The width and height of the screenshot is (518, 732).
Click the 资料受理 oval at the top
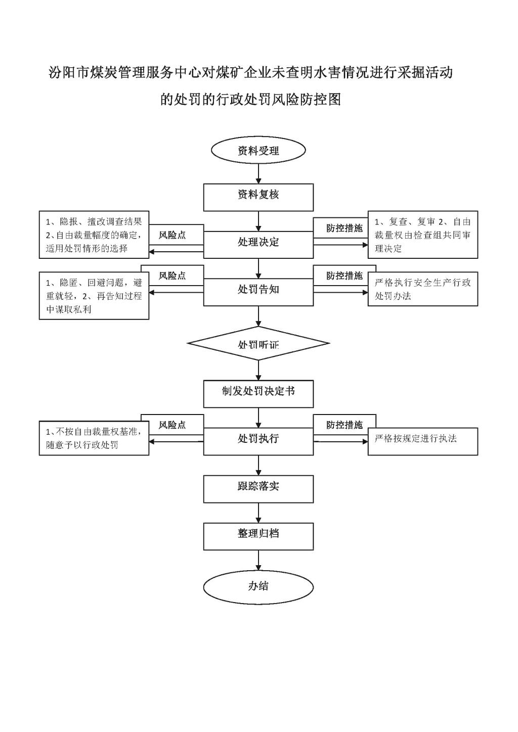(258, 151)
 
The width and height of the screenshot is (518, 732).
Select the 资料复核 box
(258, 197)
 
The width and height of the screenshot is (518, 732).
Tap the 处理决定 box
(258, 245)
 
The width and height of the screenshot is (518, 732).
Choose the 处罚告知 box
(258, 292)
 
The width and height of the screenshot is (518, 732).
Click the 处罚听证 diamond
(258, 344)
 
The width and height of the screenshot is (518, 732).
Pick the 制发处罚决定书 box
(258, 394)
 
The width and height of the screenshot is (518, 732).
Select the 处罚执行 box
(258, 441)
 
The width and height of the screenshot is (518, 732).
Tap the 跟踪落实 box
(258, 489)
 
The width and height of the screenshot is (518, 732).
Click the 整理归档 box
(258, 536)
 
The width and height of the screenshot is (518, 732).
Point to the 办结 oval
(258, 586)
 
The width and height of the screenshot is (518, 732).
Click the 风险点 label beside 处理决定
(172, 235)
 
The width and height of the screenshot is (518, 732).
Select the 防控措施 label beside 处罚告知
(344, 276)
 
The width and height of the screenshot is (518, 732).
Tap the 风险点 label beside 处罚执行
(172, 425)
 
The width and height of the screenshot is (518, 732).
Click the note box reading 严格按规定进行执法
(422, 441)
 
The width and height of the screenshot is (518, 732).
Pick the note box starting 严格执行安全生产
(422, 289)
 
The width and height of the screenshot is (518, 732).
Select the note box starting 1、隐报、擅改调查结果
(94, 235)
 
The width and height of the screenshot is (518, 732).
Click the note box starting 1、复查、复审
(422, 235)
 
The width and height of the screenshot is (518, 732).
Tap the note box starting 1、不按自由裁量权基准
(94, 438)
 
